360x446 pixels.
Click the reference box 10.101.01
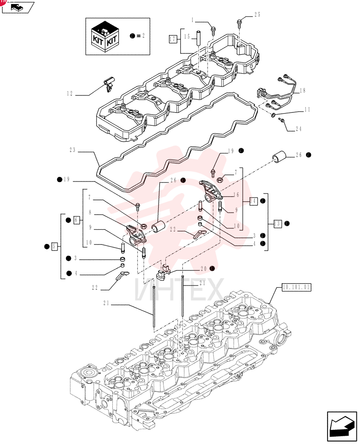click(x=296, y=287)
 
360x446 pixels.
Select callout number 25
click(x=257, y=15)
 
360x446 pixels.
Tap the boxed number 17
click(x=172, y=39)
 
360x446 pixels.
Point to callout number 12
click(x=70, y=93)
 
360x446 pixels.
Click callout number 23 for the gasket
click(x=73, y=149)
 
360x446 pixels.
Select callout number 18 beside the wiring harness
click(x=303, y=91)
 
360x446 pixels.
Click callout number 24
click(x=299, y=129)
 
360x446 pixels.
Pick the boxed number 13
click(x=277, y=223)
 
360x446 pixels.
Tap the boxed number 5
click(x=55, y=246)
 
